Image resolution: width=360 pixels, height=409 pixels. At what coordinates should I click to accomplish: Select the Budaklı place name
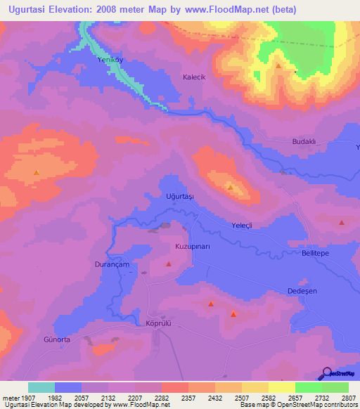click(x=304, y=142)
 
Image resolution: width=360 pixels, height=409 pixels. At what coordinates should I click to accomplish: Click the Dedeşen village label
click(x=303, y=290)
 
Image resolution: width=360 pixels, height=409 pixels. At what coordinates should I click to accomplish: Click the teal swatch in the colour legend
click(x=41, y=387)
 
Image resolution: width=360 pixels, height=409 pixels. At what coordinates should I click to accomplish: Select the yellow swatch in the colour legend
click(x=281, y=387)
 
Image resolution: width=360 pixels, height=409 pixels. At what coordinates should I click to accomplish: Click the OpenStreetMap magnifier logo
click(x=327, y=372)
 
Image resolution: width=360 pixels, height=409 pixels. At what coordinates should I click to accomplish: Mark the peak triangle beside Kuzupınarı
click(x=169, y=264)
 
